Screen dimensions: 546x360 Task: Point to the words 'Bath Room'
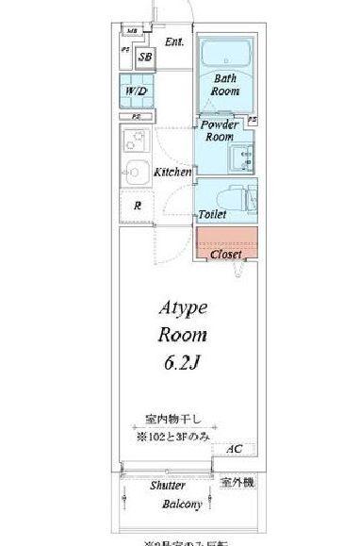tap(224, 86)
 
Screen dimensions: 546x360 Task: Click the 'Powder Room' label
tap(218, 130)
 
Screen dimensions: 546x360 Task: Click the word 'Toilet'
tap(212, 215)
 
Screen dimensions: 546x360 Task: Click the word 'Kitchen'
tap(173, 173)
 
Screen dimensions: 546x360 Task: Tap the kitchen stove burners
tap(133, 143)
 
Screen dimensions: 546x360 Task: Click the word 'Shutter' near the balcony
tap(167, 486)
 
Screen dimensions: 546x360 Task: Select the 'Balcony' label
tap(181, 505)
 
